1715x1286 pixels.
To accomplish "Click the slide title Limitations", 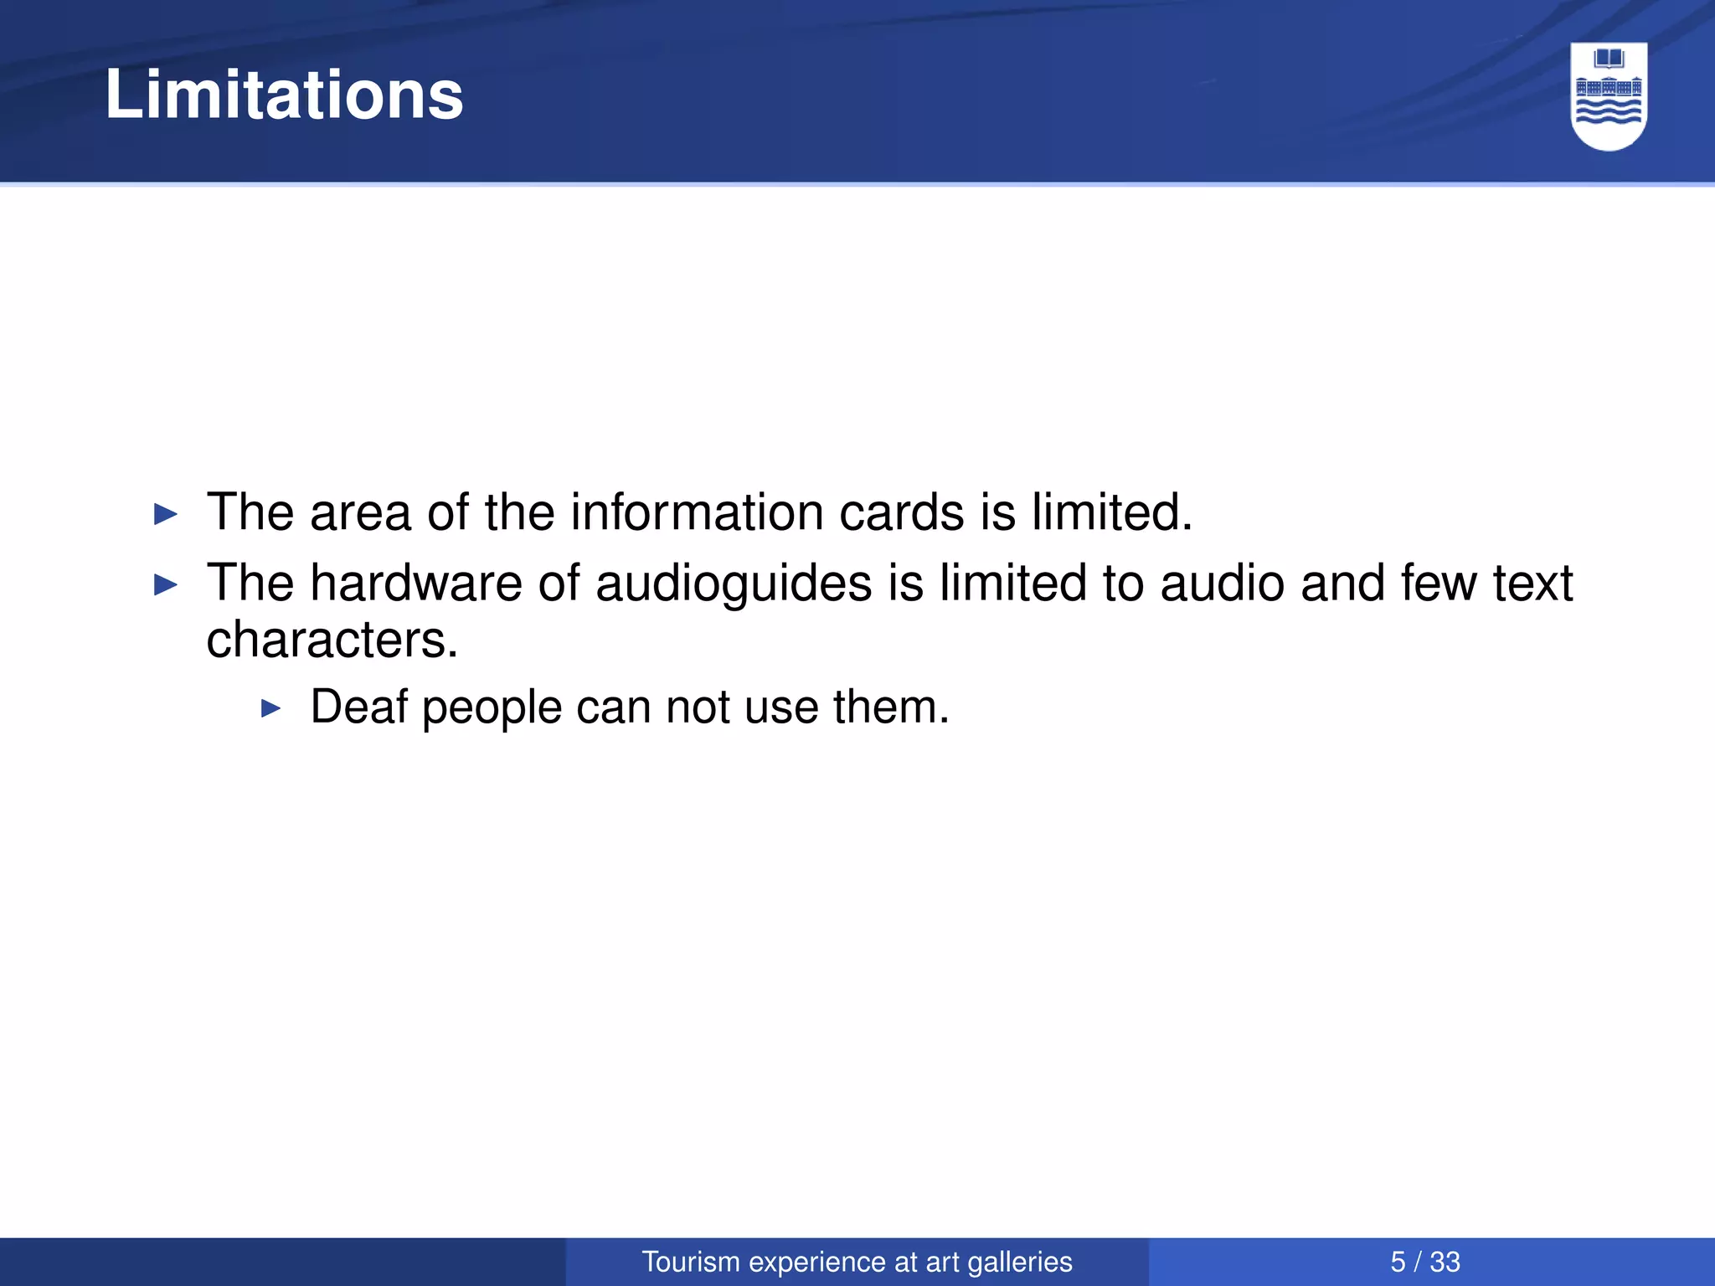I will [284, 95].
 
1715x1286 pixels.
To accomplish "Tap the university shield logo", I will [1609, 96].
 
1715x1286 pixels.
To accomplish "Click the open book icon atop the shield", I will [1609, 59].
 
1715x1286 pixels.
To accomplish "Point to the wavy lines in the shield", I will [1609, 113].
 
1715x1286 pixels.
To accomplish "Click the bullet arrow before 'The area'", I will [167, 514].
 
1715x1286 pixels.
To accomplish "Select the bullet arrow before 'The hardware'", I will [167, 584].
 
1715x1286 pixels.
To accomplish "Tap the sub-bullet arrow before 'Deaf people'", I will [270, 709].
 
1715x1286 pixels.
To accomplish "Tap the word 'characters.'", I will [332, 640].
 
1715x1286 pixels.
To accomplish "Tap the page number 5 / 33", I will [1424, 1262].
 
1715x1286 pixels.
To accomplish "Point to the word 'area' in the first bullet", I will [361, 513].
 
